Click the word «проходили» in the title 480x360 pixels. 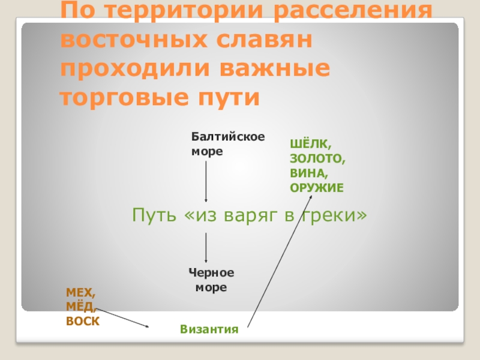(x=136, y=69)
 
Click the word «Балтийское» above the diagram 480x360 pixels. (x=228, y=137)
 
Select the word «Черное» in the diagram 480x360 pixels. (x=211, y=273)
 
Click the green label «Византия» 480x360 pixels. (x=209, y=329)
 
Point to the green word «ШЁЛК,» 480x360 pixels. (x=310, y=144)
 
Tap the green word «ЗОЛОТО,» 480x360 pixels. (x=318, y=159)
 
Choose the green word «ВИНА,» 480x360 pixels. (x=308, y=173)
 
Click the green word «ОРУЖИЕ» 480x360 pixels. (x=317, y=188)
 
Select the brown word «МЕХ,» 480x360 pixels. (x=81, y=293)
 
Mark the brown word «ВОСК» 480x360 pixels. (x=83, y=322)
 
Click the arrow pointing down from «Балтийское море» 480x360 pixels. (x=206, y=180)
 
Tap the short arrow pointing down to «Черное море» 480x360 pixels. (x=206, y=248)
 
